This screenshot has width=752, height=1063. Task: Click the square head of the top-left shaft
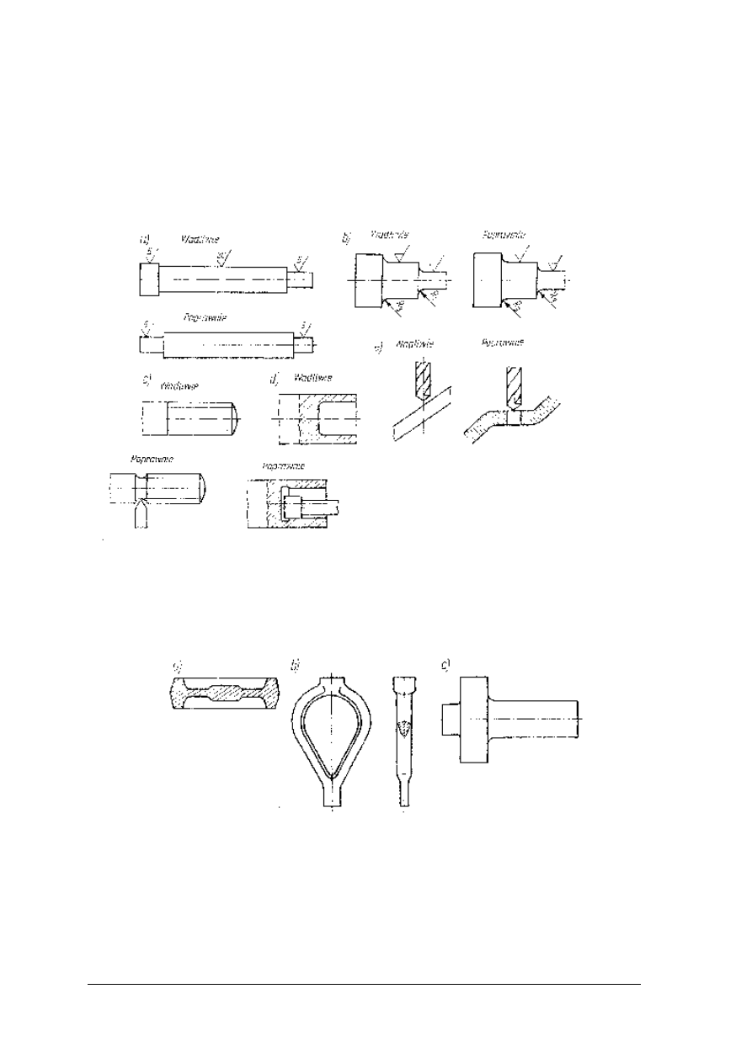click(148, 279)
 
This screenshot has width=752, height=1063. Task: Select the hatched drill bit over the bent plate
click(514, 386)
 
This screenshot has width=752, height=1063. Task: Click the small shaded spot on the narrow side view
click(405, 728)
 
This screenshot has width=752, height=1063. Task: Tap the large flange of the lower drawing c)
click(472, 718)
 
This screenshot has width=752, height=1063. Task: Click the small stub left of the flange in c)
click(451, 718)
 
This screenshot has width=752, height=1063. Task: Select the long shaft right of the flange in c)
click(536, 718)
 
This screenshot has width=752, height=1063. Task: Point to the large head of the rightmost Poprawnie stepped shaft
click(488, 279)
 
